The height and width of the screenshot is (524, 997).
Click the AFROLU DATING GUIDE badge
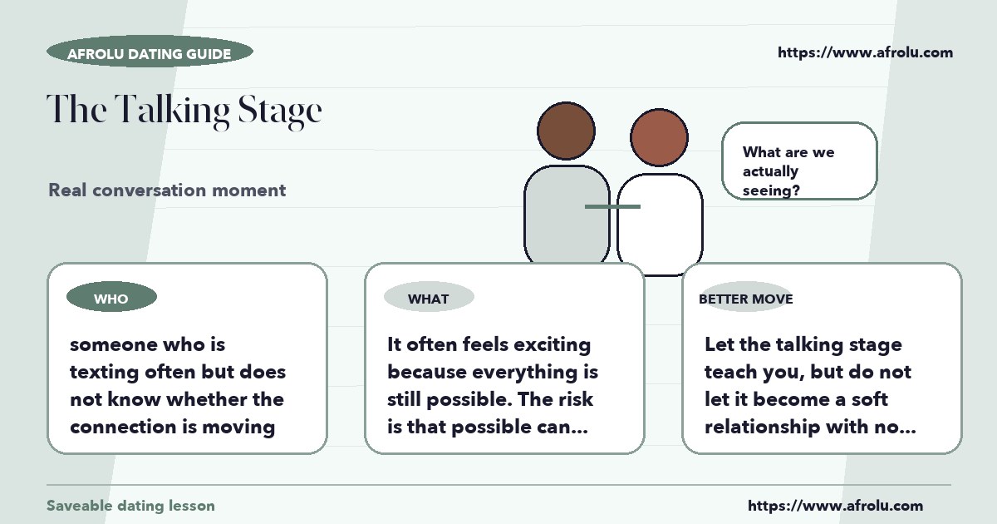pyautogui.click(x=150, y=52)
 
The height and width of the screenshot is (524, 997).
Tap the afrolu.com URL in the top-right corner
pyautogui.click(x=865, y=52)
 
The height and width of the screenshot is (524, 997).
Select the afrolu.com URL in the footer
pyautogui.click(x=835, y=506)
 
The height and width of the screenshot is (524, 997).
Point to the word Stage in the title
pyautogui.click(x=279, y=111)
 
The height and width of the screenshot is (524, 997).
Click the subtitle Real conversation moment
pyautogui.click(x=167, y=190)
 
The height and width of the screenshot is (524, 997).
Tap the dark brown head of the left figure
pyautogui.click(x=566, y=131)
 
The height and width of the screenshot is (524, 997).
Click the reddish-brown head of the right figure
pyautogui.click(x=659, y=137)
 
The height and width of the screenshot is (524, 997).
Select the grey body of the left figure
pyautogui.click(x=567, y=214)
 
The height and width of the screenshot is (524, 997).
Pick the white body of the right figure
pyautogui.click(x=660, y=223)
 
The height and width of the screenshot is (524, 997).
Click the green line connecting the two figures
pyautogui.click(x=612, y=207)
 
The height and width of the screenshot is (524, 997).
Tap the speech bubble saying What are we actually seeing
pyautogui.click(x=799, y=161)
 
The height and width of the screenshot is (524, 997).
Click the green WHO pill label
pyautogui.click(x=111, y=297)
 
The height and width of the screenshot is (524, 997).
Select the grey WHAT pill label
pyautogui.click(x=429, y=297)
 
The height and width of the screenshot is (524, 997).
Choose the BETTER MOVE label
pyautogui.click(x=746, y=299)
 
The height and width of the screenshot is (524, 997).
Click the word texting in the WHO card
pyautogui.click(x=104, y=373)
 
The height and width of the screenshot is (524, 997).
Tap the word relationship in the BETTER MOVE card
pyautogui.click(x=762, y=428)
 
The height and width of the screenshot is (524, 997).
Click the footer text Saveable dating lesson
pyautogui.click(x=131, y=506)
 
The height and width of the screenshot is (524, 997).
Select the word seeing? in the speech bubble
pyautogui.click(x=771, y=190)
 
